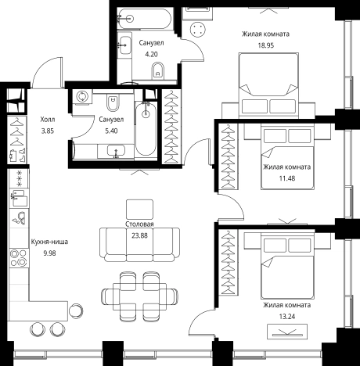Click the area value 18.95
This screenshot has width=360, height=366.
[x=266, y=45]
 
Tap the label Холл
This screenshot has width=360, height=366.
[x=48, y=120]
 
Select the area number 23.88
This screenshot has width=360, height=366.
[x=139, y=235]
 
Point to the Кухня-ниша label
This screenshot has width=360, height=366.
[x=49, y=242]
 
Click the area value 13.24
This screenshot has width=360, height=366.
[x=287, y=317]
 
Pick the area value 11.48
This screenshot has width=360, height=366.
[x=287, y=178]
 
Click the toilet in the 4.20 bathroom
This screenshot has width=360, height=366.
[x=158, y=70]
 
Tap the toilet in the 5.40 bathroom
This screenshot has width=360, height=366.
[x=113, y=102]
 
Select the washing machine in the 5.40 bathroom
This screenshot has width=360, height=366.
[x=82, y=97]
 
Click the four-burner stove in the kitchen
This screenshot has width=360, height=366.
[x=19, y=258]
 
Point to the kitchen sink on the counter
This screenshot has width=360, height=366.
[x=19, y=199]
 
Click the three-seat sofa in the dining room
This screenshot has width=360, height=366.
[x=139, y=245]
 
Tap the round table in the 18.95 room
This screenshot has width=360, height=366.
[x=197, y=30]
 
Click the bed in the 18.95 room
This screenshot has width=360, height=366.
[x=268, y=85]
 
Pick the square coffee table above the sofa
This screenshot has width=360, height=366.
[x=139, y=210]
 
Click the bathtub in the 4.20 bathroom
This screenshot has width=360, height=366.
[x=145, y=19]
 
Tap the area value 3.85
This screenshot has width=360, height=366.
[x=48, y=131]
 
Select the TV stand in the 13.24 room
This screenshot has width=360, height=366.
[x=287, y=332]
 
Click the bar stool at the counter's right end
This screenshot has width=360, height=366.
[x=76, y=310]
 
